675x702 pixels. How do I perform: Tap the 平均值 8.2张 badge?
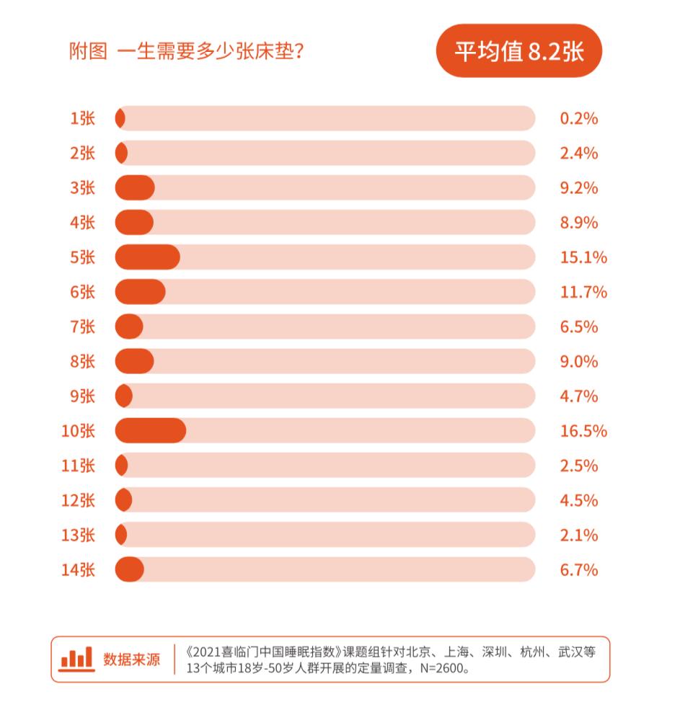pyautogui.click(x=519, y=51)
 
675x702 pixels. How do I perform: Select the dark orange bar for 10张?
pyautogui.click(x=150, y=431)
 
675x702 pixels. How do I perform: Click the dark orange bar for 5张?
pyautogui.click(x=147, y=257)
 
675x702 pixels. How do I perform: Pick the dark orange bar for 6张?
pyautogui.click(x=140, y=292)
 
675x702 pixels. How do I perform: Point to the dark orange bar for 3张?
pyautogui.click(x=135, y=188)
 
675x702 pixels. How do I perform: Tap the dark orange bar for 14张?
pyautogui.click(x=130, y=570)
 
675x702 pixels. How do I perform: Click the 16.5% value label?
pyautogui.click(x=583, y=431)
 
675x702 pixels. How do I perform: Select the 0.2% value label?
pyautogui.click(x=579, y=118)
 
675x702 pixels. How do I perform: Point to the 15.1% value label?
pyautogui.click(x=583, y=257)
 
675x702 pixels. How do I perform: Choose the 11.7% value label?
pyautogui.click(x=583, y=292)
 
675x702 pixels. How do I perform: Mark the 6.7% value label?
pyautogui.click(x=579, y=570)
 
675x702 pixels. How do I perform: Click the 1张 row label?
pyautogui.click(x=82, y=118)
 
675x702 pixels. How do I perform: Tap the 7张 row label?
pyautogui.click(x=82, y=326)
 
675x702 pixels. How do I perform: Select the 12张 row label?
pyautogui.click(x=78, y=501)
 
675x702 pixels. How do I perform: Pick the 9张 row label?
pyautogui.click(x=82, y=396)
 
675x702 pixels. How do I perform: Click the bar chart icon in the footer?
pyautogui.click(x=76, y=658)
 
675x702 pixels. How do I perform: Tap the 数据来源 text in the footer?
pyautogui.click(x=131, y=659)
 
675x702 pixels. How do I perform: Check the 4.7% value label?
pyautogui.click(x=579, y=396)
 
